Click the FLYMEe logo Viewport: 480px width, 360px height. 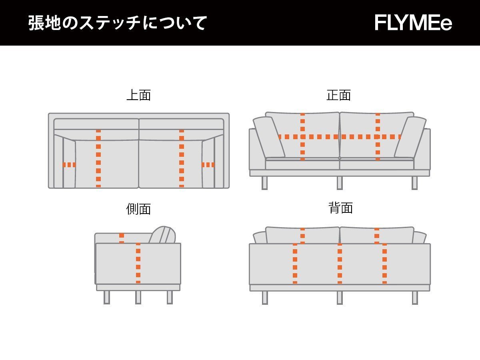tap(413, 23)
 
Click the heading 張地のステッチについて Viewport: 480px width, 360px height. tap(117, 23)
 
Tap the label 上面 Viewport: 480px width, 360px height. tap(138, 95)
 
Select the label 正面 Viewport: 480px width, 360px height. tap(338, 95)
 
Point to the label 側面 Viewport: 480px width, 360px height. tap(138, 209)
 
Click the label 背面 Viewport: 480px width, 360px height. tap(340, 208)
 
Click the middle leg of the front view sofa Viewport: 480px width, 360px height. tap(340, 183)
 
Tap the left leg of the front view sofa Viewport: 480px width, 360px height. tap(264, 183)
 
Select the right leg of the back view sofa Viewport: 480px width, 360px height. tap(415, 298)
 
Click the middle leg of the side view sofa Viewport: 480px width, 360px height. tap(138, 297)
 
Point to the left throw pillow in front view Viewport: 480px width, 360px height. tap(269, 137)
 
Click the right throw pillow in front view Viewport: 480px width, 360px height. tap(410, 137)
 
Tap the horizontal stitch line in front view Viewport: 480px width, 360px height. tap(339, 137)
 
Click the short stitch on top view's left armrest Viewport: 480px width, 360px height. tap(69, 165)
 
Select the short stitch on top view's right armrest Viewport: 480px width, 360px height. tap(208, 165)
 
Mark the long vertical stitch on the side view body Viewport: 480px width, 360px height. tap(138, 263)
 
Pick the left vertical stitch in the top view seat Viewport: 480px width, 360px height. tap(98, 158)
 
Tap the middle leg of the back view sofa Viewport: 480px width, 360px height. tap(340, 298)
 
